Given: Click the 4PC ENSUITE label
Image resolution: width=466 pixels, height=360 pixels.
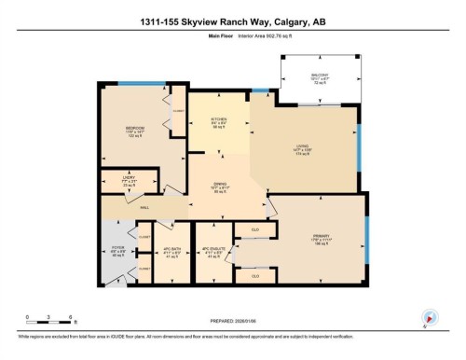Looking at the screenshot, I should click(x=213, y=252).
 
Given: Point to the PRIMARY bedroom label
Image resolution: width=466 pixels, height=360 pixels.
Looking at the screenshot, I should click(x=322, y=238).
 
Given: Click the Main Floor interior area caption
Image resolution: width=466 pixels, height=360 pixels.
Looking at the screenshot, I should click(x=233, y=38).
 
